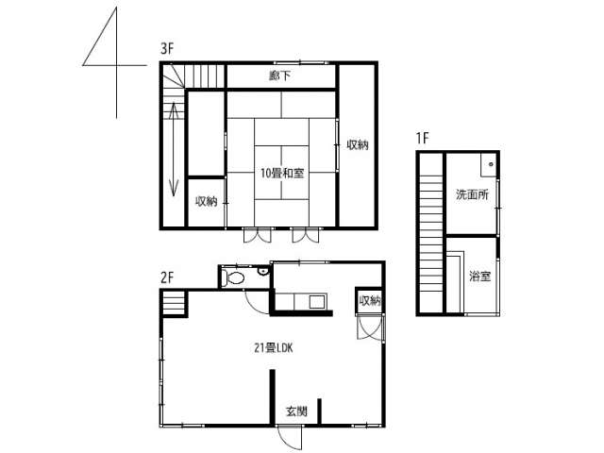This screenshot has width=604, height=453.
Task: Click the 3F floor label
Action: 167,49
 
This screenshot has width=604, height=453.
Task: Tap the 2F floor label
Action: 167,277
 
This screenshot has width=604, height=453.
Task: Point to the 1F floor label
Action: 423,138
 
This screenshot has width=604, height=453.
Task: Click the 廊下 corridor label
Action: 279,75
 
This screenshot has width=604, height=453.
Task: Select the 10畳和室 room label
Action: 282,174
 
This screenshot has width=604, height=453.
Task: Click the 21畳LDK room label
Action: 274,348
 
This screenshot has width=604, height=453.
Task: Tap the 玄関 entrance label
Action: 296,411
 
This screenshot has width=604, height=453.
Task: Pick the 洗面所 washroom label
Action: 472,194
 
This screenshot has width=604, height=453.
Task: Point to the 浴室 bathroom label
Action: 479,276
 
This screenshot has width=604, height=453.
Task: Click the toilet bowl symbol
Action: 235,277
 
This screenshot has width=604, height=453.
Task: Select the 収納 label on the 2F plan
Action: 370,300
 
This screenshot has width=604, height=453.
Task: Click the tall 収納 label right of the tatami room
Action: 358,144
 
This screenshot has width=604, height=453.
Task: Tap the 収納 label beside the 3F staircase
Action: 207,201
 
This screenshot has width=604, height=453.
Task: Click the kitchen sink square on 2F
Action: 318,302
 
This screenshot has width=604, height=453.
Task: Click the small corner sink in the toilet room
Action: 263,272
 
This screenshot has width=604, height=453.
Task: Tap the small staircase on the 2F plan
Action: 174,303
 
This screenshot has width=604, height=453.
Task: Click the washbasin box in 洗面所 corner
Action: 489,165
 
